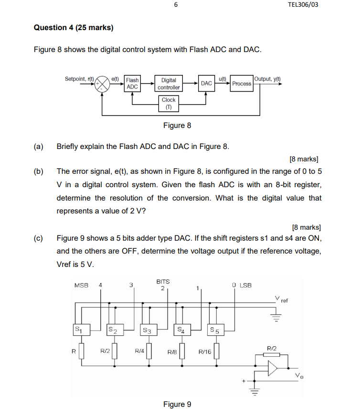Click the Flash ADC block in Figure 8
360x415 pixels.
[x=132, y=84]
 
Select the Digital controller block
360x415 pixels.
[x=169, y=84]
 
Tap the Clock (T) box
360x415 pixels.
[x=169, y=103]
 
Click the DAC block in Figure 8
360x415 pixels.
[x=206, y=84]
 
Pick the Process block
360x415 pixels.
[x=242, y=84]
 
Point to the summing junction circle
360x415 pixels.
[x=103, y=84]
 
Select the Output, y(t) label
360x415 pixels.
[x=268, y=78]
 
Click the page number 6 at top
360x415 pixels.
[x=176, y=5]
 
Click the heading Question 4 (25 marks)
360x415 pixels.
[x=74, y=27]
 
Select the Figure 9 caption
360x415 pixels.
[x=177, y=404]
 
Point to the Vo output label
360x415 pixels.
[x=299, y=376]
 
